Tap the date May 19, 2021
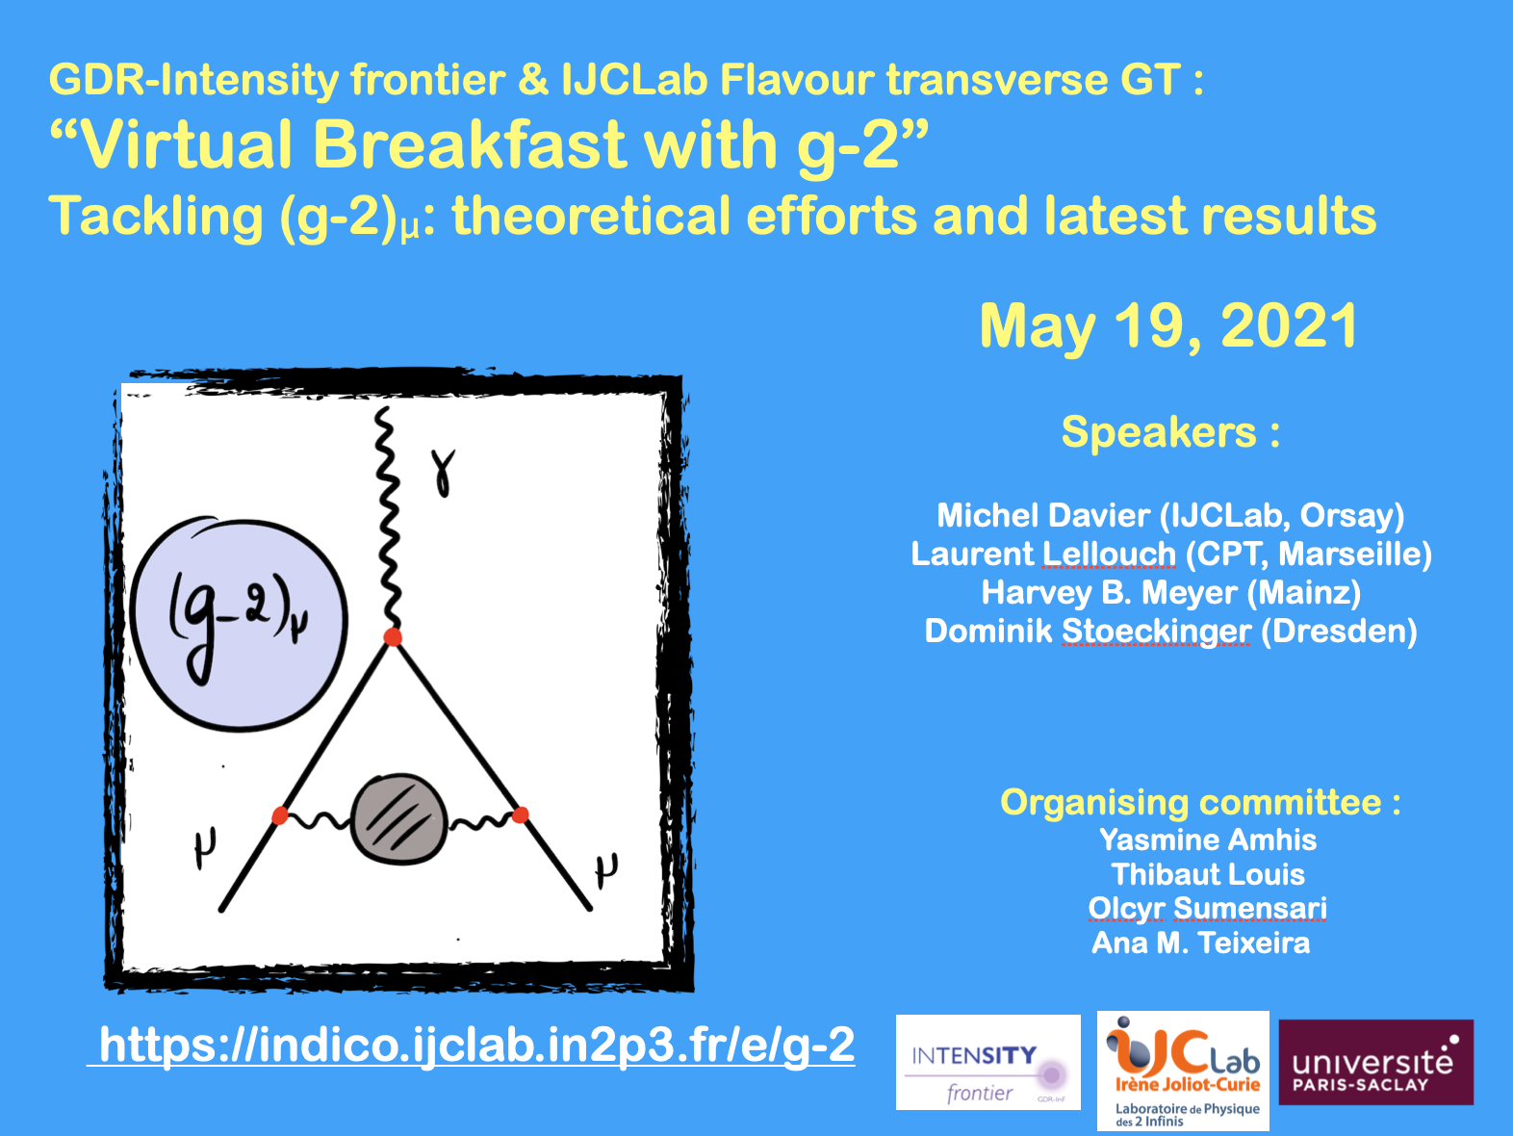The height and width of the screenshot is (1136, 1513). [x=1169, y=326]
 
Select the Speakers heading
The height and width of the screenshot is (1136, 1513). [x=1170, y=432]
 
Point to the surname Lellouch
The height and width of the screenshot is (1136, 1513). [x=1109, y=555]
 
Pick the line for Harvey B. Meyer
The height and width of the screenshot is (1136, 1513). [x=1170, y=593]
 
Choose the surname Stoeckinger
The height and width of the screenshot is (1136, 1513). [x=1156, y=632]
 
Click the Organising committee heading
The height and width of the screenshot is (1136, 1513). [x=1200, y=802]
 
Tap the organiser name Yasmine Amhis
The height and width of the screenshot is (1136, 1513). [x=1208, y=840]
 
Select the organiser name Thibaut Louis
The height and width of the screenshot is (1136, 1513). [x=1208, y=875]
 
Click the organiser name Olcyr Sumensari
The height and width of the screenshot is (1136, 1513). [x=1207, y=909]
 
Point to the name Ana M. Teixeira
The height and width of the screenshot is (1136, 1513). [x=1201, y=943]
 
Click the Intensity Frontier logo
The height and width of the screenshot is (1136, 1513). [x=987, y=1062]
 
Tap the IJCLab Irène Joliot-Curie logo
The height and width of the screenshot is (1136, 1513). [x=1183, y=1071]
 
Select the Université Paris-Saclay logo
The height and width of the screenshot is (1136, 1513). [x=1375, y=1062]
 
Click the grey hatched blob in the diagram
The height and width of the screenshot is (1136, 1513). [x=399, y=819]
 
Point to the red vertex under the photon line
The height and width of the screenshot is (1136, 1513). [x=393, y=636]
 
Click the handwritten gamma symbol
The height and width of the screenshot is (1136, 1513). [x=443, y=472]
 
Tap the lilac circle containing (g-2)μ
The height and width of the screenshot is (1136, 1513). [x=239, y=624]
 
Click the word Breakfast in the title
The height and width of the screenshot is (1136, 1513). [x=469, y=144]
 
